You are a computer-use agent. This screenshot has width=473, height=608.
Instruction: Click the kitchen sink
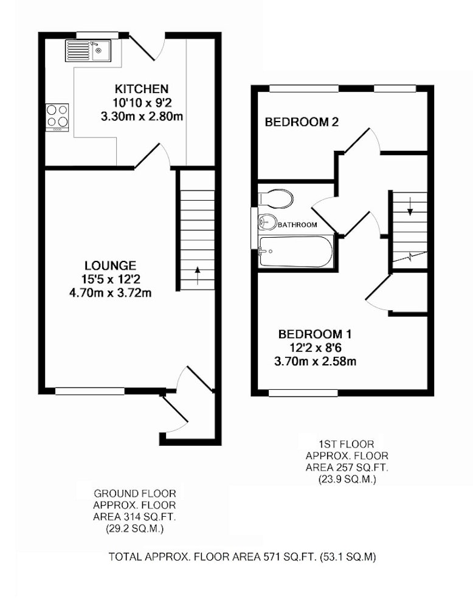(x=88, y=50)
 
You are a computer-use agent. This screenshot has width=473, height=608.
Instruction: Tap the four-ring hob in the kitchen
(x=57, y=117)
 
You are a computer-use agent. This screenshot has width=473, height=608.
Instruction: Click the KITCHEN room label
(x=142, y=89)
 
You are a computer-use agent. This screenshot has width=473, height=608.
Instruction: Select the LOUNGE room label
(x=111, y=266)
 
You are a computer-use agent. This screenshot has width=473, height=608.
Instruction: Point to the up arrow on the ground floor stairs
(x=198, y=275)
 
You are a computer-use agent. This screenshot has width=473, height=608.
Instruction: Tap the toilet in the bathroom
(x=275, y=199)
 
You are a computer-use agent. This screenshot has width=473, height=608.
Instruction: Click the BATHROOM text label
(x=297, y=224)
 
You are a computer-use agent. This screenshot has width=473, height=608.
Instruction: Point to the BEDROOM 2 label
(x=302, y=123)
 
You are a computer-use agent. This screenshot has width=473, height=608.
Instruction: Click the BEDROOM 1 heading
(x=315, y=334)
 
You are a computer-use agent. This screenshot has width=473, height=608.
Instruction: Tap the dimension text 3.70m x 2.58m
(x=315, y=362)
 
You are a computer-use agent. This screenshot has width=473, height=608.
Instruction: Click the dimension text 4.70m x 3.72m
(x=110, y=293)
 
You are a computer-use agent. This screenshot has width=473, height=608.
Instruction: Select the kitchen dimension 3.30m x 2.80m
(x=142, y=116)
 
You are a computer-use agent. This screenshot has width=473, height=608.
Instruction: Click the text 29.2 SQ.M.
(x=134, y=528)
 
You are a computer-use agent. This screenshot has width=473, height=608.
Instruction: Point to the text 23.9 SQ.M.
(x=347, y=480)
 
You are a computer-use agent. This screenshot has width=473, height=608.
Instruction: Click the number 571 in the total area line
(x=272, y=557)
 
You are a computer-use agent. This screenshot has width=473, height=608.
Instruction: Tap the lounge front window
(x=90, y=392)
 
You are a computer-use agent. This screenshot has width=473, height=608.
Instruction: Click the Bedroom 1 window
(x=303, y=393)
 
